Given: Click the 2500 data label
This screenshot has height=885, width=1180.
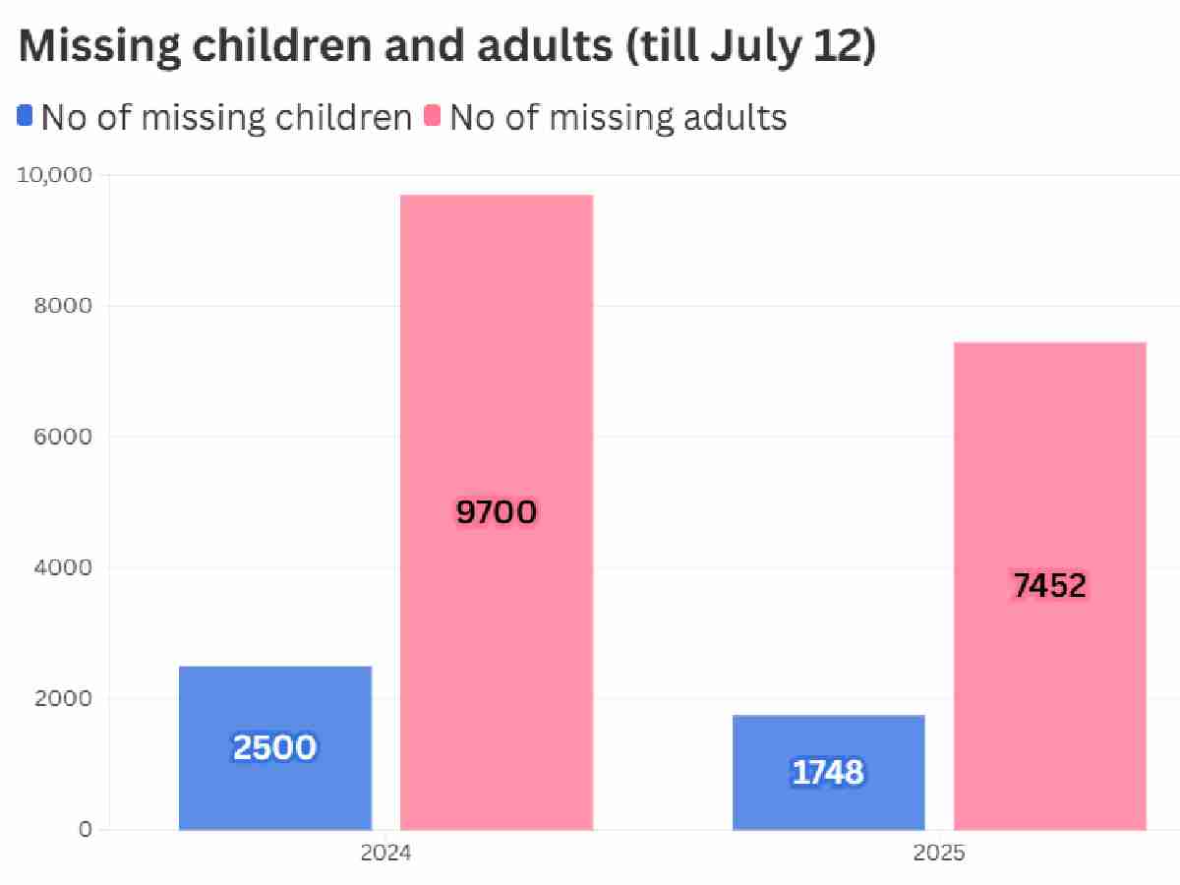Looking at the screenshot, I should pos(275,748).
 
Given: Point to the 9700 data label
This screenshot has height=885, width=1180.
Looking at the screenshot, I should pos(497,512).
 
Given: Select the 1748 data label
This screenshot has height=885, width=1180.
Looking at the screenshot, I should pos(828,773).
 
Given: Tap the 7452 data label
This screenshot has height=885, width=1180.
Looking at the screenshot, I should pos(1050,586).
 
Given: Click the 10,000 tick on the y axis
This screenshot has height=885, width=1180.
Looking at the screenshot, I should pos(55,175).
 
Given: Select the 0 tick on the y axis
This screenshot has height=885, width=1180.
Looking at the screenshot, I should pos(86,829).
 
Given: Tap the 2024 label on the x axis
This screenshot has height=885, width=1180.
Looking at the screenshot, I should pos(385,854).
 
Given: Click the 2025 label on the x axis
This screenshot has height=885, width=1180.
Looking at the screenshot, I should pos(939,854).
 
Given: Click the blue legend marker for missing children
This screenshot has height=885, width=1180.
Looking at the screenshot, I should pos(25,117).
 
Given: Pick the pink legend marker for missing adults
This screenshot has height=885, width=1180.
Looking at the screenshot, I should pos(433,117).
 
